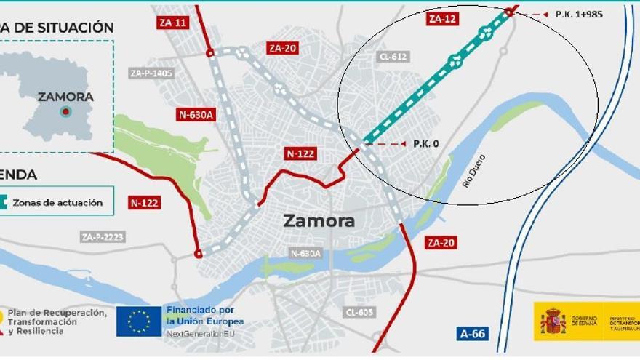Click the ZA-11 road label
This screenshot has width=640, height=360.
click(172, 23)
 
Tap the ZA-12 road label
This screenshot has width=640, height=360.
click(443, 19)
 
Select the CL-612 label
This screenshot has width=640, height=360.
click(393, 57)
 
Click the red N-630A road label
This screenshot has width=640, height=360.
click(196, 114)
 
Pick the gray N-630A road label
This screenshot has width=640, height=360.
click(305, 253)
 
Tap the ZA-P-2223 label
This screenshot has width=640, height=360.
click(102, 236)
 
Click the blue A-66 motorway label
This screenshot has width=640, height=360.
click(473, 335)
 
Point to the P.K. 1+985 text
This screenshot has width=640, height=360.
click(579, 14)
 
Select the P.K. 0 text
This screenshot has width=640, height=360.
click(425, 144)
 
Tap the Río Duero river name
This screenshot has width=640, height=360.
click(473, 171)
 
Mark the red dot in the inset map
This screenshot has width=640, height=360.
click(65, 111)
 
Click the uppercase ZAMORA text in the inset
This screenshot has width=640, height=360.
click(65, 96)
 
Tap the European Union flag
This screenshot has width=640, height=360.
click(139, 321)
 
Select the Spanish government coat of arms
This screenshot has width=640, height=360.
click(553, 321)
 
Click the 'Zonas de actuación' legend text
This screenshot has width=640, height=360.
click(57, 202)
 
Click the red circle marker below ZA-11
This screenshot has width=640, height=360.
click(209, 52)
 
